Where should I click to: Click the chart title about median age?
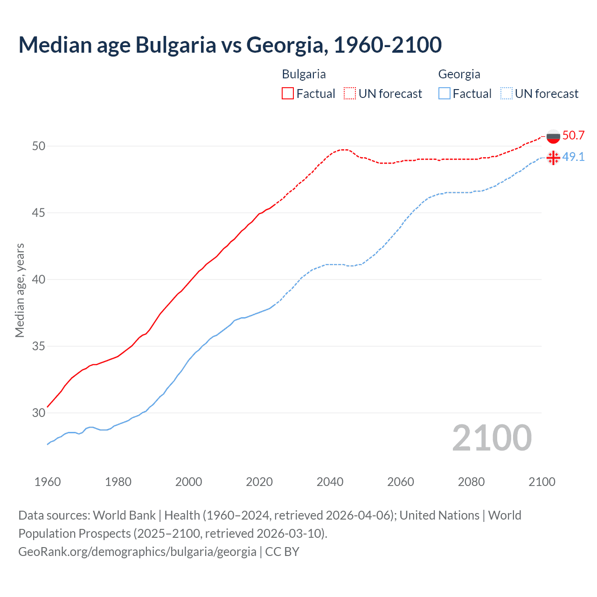(x=230, y=45)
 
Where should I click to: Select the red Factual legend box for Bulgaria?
(x=288, y=93)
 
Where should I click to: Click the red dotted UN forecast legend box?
(x=350, y=93)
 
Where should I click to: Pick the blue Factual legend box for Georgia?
(x=444, y=93)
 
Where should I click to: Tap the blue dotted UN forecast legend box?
(x=507, y=93)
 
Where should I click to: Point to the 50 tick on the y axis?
(x=39, y=146)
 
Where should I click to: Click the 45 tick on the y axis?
(x=39, y=213)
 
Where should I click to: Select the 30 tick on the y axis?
(x=39, y=413)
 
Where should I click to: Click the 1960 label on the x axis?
(x=48, y=482)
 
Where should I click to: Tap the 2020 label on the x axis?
(x=259, y=482)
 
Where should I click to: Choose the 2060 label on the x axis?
(x=401, y=482)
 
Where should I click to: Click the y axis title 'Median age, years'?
(x=20, y=290)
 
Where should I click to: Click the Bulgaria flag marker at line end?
(x=553, y=136)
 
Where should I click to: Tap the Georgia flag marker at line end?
(x=553, y=158)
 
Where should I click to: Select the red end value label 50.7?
(x=573, y=136)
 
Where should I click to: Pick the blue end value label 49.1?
(x=573, y=157)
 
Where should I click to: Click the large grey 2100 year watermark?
(x=492, y=438)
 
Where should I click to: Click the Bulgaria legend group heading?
(x=304, y=74)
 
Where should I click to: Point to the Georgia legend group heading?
(x=459, y=74)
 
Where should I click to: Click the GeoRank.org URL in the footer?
(x=137, y=552)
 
